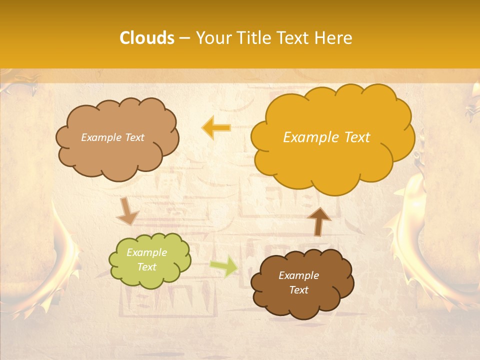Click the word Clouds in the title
[146, 38]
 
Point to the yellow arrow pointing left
[216, 128]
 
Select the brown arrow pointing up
[318, 221]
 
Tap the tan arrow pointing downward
[127, 211]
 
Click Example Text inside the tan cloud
[112, 137]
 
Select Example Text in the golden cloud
[326, 137]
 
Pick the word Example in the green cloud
[146, 253]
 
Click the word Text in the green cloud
[146, 267]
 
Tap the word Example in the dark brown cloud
[298, 275]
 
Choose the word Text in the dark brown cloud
[298, 290]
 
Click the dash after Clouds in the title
[184, 38]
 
